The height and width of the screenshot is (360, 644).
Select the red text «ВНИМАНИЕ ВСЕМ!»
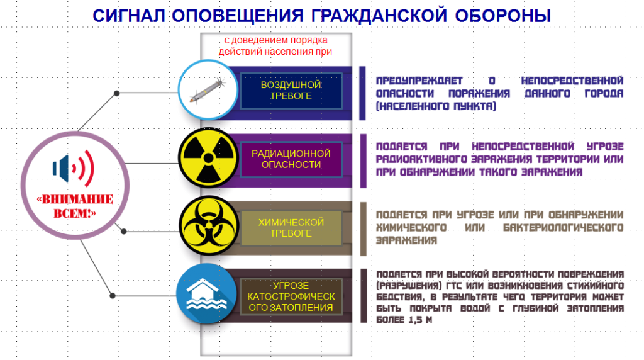click(75, 206)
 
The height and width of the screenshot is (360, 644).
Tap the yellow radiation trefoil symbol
click(208, 158)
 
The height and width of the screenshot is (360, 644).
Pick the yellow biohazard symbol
click(209, 225)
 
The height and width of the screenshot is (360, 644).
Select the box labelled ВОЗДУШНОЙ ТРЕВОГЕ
click(291, 91)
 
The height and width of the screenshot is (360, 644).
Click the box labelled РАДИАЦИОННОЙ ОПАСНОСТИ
click(291, 159)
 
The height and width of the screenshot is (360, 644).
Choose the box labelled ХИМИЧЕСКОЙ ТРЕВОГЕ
click(291, 228)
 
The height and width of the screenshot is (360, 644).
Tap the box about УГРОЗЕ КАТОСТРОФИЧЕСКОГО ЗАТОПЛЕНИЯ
click(291, 296)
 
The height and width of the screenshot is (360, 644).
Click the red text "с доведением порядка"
click(275, 40)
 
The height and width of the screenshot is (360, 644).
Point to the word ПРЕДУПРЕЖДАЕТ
click(419, 81)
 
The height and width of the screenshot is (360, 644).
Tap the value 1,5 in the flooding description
click(415, 320)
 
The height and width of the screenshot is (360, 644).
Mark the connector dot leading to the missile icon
click(116, 93)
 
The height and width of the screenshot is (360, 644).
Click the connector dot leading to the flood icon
click(113, 295)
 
